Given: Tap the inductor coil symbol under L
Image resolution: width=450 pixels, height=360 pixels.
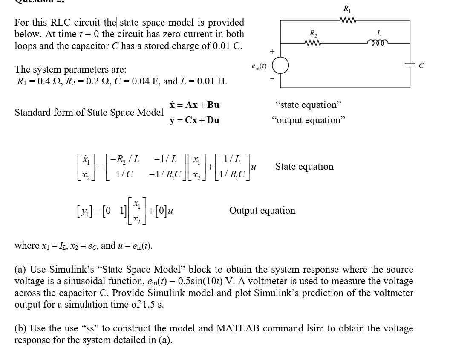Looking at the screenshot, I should pyautogui.click(x=378, y=42).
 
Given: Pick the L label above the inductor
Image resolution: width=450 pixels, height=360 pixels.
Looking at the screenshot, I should pyautogui.click(x=379, y=33).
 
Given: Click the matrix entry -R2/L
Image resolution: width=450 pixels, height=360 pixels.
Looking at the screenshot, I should pyautogui.click(x=124, y=160).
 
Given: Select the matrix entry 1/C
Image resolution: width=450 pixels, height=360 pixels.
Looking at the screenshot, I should pyautogui.click(x=124, y=174).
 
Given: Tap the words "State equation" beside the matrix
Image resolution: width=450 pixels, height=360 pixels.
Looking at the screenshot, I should pyautogui.click(x=304, y=166).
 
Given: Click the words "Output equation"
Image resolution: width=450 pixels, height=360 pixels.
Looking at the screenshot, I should pyautogui.click(x=262, y=210).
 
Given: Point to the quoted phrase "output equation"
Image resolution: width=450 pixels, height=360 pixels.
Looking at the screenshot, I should pyautogui.click(x=308, y=120).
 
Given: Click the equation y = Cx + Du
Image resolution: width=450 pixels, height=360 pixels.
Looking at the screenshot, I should pyautogui.click(x=194, y=120).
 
